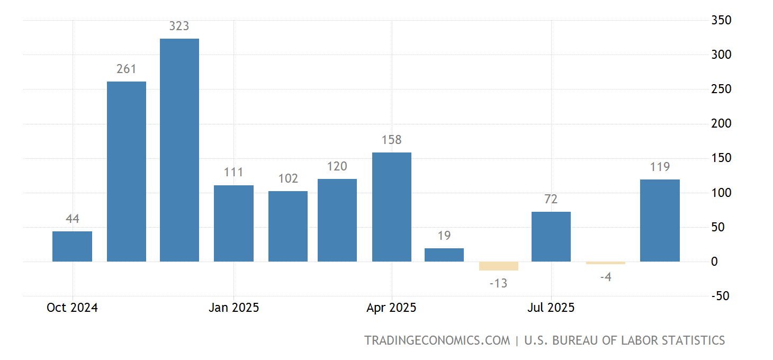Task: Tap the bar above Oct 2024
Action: (x=72, y=246)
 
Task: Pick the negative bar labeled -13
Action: (x=498, y=266)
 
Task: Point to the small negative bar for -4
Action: (x=605, y=263)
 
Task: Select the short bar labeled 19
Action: (x=444, y=255)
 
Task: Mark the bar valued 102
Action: (x=287, y=226)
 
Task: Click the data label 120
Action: (x=337, y=167)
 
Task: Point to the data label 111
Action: (x=233, y=173)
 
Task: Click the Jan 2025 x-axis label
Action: (x=233, y=308)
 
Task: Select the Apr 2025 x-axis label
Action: (x=391, y=308)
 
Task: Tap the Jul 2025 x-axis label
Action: (x=551, y=308)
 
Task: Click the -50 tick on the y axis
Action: (x=721, y=296)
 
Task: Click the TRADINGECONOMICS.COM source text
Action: (x=437, y=340)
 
